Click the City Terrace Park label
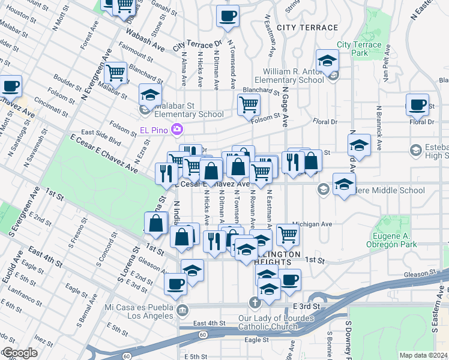pyautogui.click(x=359, y=49)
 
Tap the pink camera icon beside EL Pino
pyautogui.click(x=176, y=128)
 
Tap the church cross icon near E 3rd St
pyautogui.click(x=255, y=302)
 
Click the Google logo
pyautogui.click(x=20, y=353)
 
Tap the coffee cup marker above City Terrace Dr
pyautogui.click(x=228, y=17)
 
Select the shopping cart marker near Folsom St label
pyautogui.click(x=248, y=106)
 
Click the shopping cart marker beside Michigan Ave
pyautogui.click(x=288, y=236)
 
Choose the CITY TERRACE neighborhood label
pyautogui.click(x=307, y=28)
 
